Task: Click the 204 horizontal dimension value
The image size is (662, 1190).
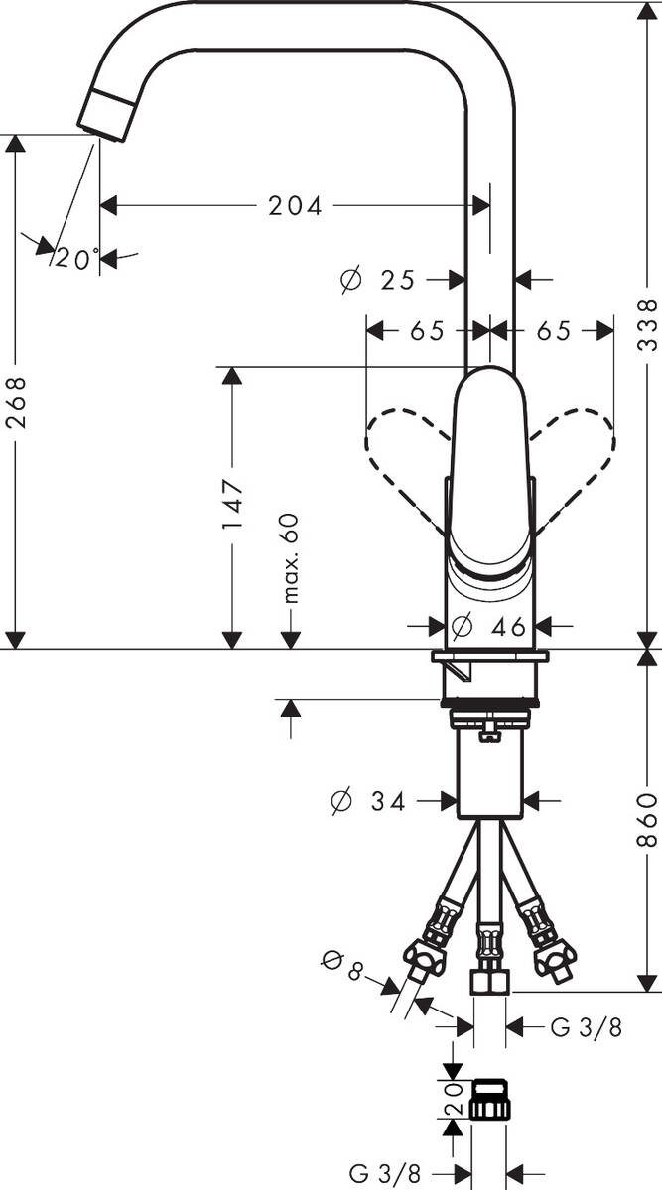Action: tap(295, 206)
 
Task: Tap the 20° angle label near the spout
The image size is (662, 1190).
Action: tap(75, 259)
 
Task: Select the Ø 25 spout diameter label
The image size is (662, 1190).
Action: tap(377, 281)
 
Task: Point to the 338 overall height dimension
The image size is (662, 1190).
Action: tap(647, 324)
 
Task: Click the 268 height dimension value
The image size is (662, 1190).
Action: tap(15, 402)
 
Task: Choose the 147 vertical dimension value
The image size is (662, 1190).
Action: tap(231, 504)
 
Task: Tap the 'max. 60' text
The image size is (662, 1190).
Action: tap(291, 558)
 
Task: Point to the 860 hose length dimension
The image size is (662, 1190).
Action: tap(647, 819)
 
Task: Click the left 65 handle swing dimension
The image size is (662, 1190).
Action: tap(427, 331)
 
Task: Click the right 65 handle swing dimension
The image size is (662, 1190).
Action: tap(554, 331)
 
